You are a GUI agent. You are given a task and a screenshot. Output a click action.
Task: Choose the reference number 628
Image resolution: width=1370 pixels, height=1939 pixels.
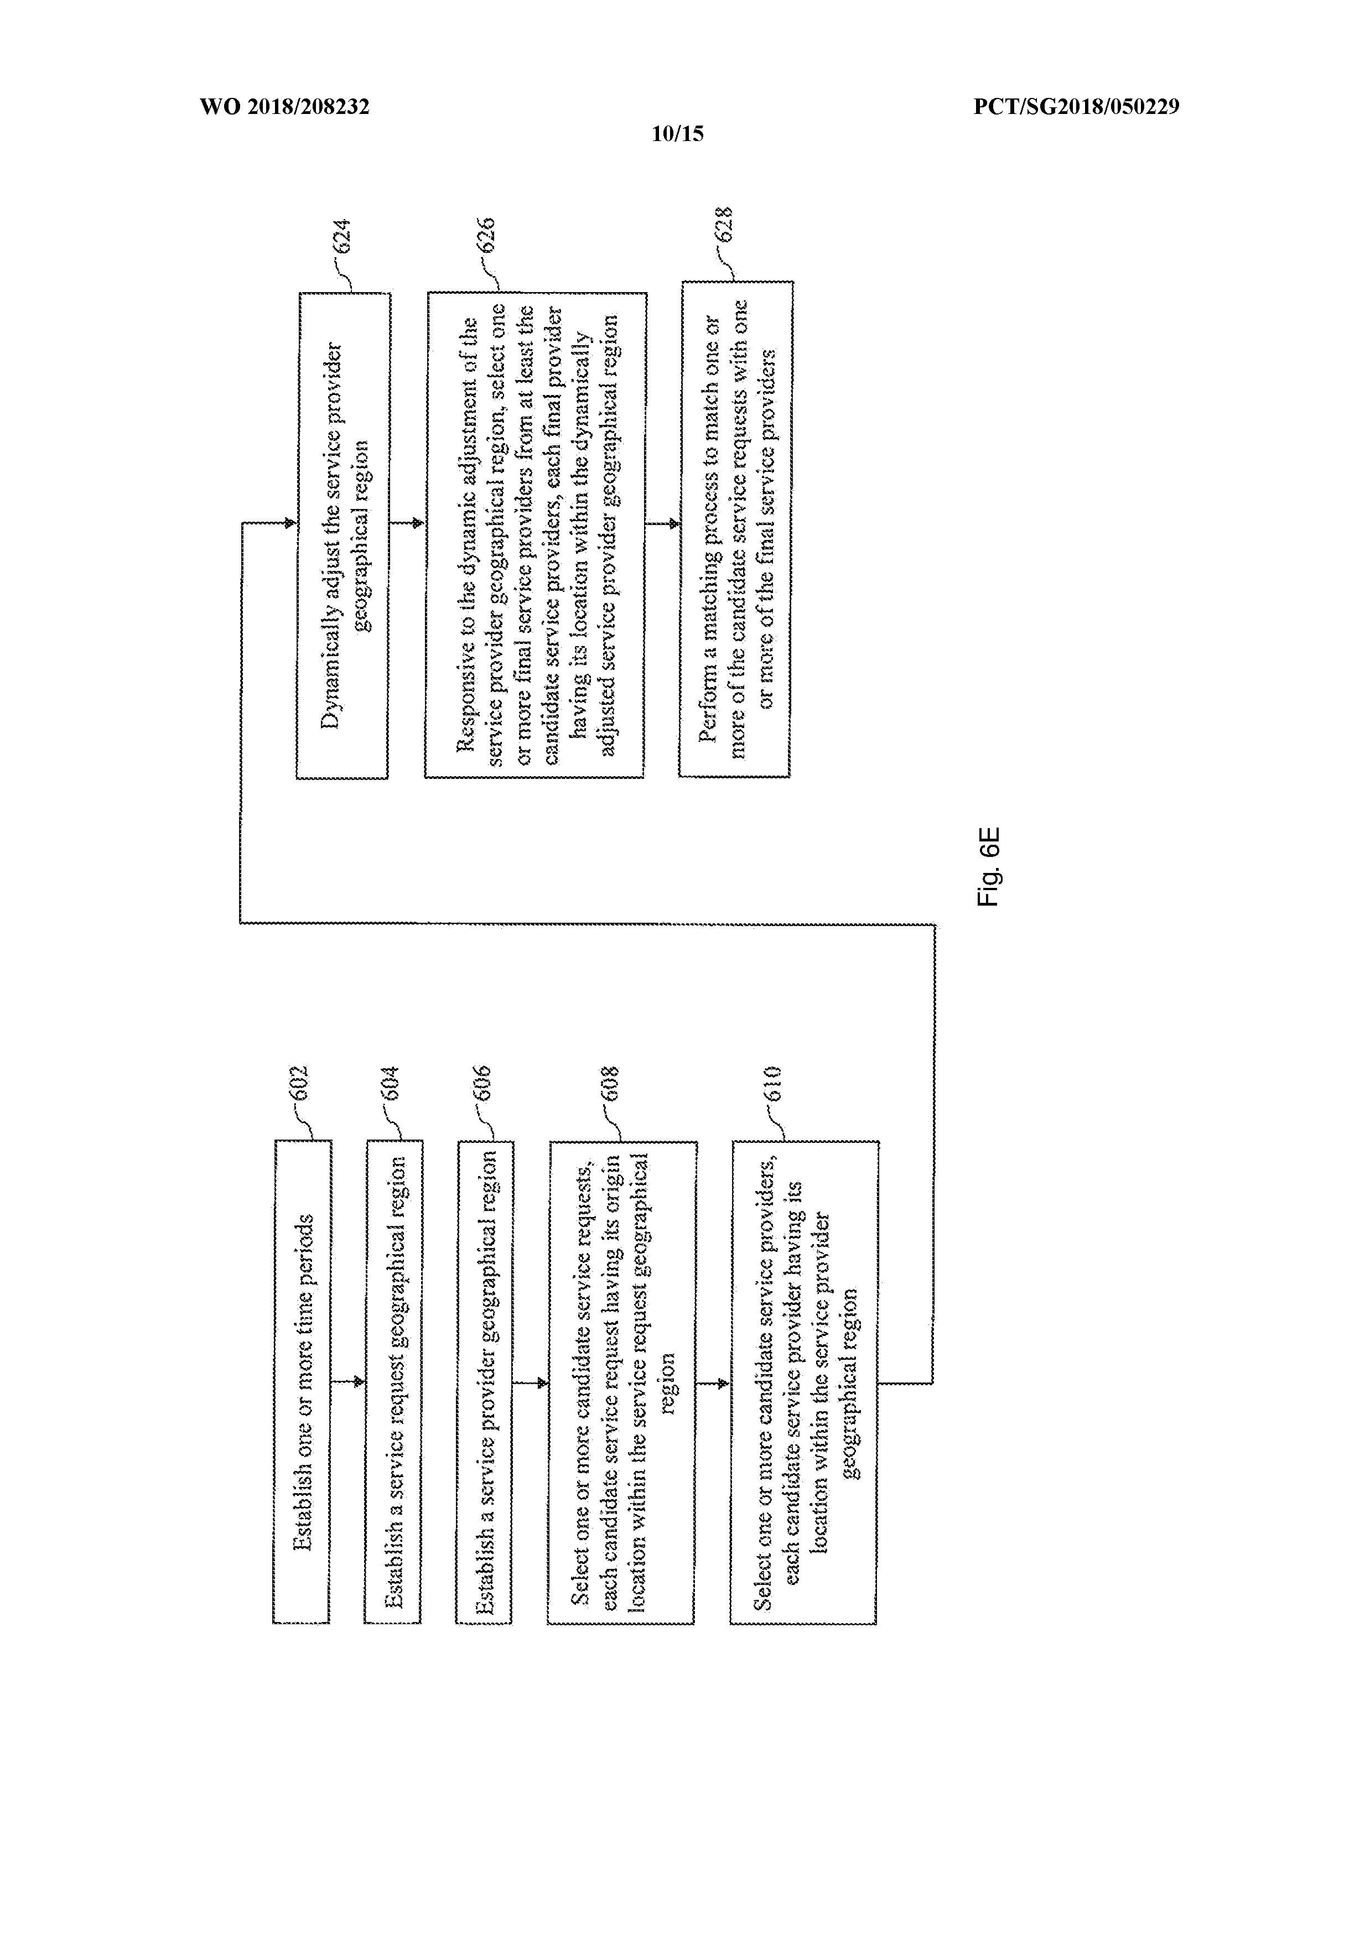(723, 226)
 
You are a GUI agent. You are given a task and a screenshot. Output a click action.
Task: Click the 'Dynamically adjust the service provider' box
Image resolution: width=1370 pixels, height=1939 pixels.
(343, 536)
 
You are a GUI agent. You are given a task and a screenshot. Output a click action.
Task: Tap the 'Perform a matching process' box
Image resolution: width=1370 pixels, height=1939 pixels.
(736, 529)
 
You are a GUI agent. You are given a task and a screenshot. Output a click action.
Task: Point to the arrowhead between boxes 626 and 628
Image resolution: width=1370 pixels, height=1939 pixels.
(673, 523)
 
